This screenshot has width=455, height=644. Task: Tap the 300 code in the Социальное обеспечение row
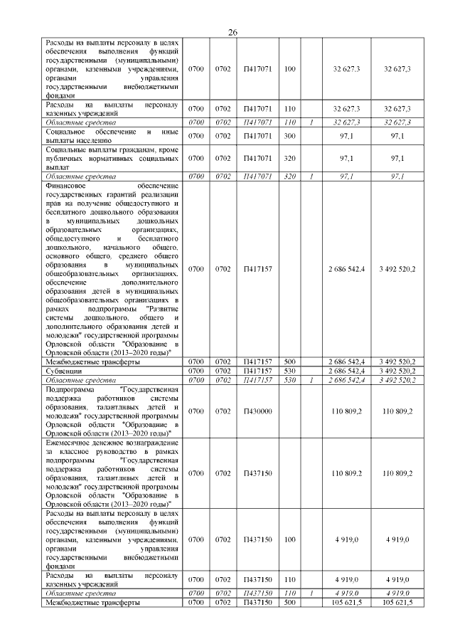[289, 135]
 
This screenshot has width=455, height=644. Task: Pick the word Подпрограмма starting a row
[72, 390]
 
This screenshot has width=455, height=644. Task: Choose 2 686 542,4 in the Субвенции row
[347, 371]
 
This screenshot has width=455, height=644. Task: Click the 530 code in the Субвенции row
[289, 371]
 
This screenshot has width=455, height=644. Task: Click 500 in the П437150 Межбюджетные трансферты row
[289, 603]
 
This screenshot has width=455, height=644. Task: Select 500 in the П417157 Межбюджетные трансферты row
[289, 361]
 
